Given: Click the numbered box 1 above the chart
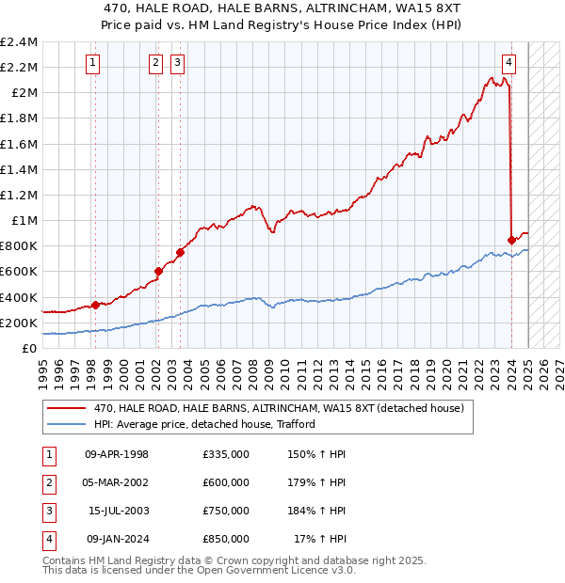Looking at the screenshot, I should click(x=94, y=63).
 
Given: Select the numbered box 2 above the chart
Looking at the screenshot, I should click(x=155, y=63).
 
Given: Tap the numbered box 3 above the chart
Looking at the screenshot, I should click(x=178, y=63).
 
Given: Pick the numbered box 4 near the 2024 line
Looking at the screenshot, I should click(x=508, y=63).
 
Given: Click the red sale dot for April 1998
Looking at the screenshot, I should click(x=95, y=305).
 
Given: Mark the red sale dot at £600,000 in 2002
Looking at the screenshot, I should click(x=158, y=271).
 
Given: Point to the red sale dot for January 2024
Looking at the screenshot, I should click(x=511, y=240).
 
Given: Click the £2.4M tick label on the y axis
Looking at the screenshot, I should click(x=19, y=42).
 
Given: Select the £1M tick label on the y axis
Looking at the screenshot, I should click(x=24, y=220).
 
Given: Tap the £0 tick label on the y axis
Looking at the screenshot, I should click(x=29, y=348).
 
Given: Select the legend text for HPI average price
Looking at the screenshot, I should click(x=203, y=424).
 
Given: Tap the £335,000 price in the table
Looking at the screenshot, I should click(x=226, y=454).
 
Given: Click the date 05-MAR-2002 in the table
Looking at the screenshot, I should click(x=117, y=482).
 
